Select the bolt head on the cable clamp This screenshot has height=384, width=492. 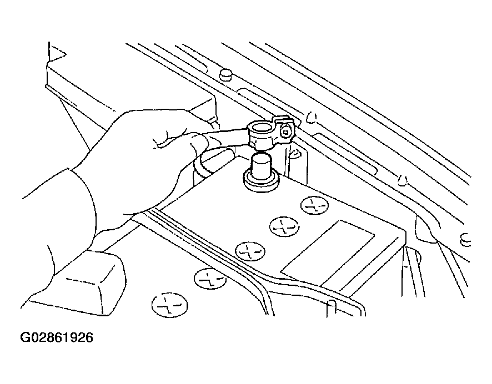point(285,132)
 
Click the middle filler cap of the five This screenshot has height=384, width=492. point(250,251)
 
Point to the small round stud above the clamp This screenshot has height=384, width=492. point(226,74)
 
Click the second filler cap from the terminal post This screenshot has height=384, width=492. point(284,225)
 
